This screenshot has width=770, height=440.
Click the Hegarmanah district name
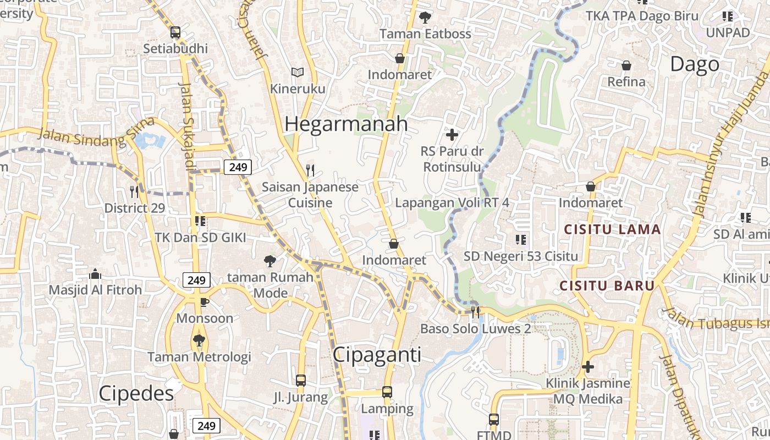[x=346, y=124]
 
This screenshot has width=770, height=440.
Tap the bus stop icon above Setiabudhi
[x=175, y=32]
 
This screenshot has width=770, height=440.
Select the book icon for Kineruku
[x=298, y=72]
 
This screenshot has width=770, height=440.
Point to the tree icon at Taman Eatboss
[x=425, y=18]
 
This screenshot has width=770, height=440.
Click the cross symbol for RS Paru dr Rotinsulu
[x=452, y=134]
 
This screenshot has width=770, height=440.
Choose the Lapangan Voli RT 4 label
[x=452, y=202]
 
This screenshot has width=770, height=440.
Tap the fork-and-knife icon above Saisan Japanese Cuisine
[x=310, y=170]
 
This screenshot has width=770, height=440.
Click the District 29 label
[x=135, y=208]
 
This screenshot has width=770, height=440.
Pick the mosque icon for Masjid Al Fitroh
[x=95, y=273]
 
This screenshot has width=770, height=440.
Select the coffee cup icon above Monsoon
[x=204, y=301]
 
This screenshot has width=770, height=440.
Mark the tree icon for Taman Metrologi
[x=199, y=340]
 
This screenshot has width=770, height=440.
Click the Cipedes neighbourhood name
[x=136, y=393]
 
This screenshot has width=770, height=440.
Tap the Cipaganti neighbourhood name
[x=377, y=355]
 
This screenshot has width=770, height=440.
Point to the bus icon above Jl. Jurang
[x=301, y=380]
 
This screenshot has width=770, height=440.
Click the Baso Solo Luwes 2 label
[x=475, y=329]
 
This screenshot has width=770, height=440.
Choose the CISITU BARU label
[x=607, y=286]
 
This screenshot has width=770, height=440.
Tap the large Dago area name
[x=695, y=64]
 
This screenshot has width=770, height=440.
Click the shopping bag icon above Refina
[x=626, y=66]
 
